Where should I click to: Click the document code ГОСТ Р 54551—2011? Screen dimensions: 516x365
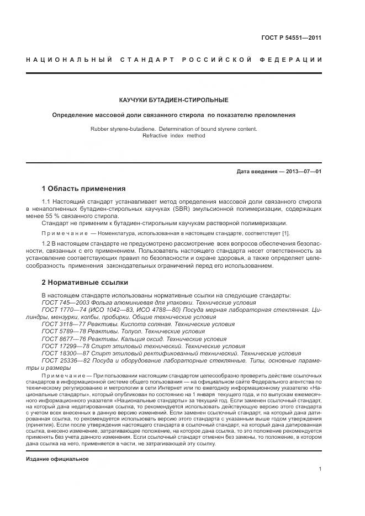tap(292, 38)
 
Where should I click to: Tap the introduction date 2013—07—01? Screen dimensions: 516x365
tap(303, 172)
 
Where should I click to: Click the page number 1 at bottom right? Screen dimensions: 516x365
tap(320, 469)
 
